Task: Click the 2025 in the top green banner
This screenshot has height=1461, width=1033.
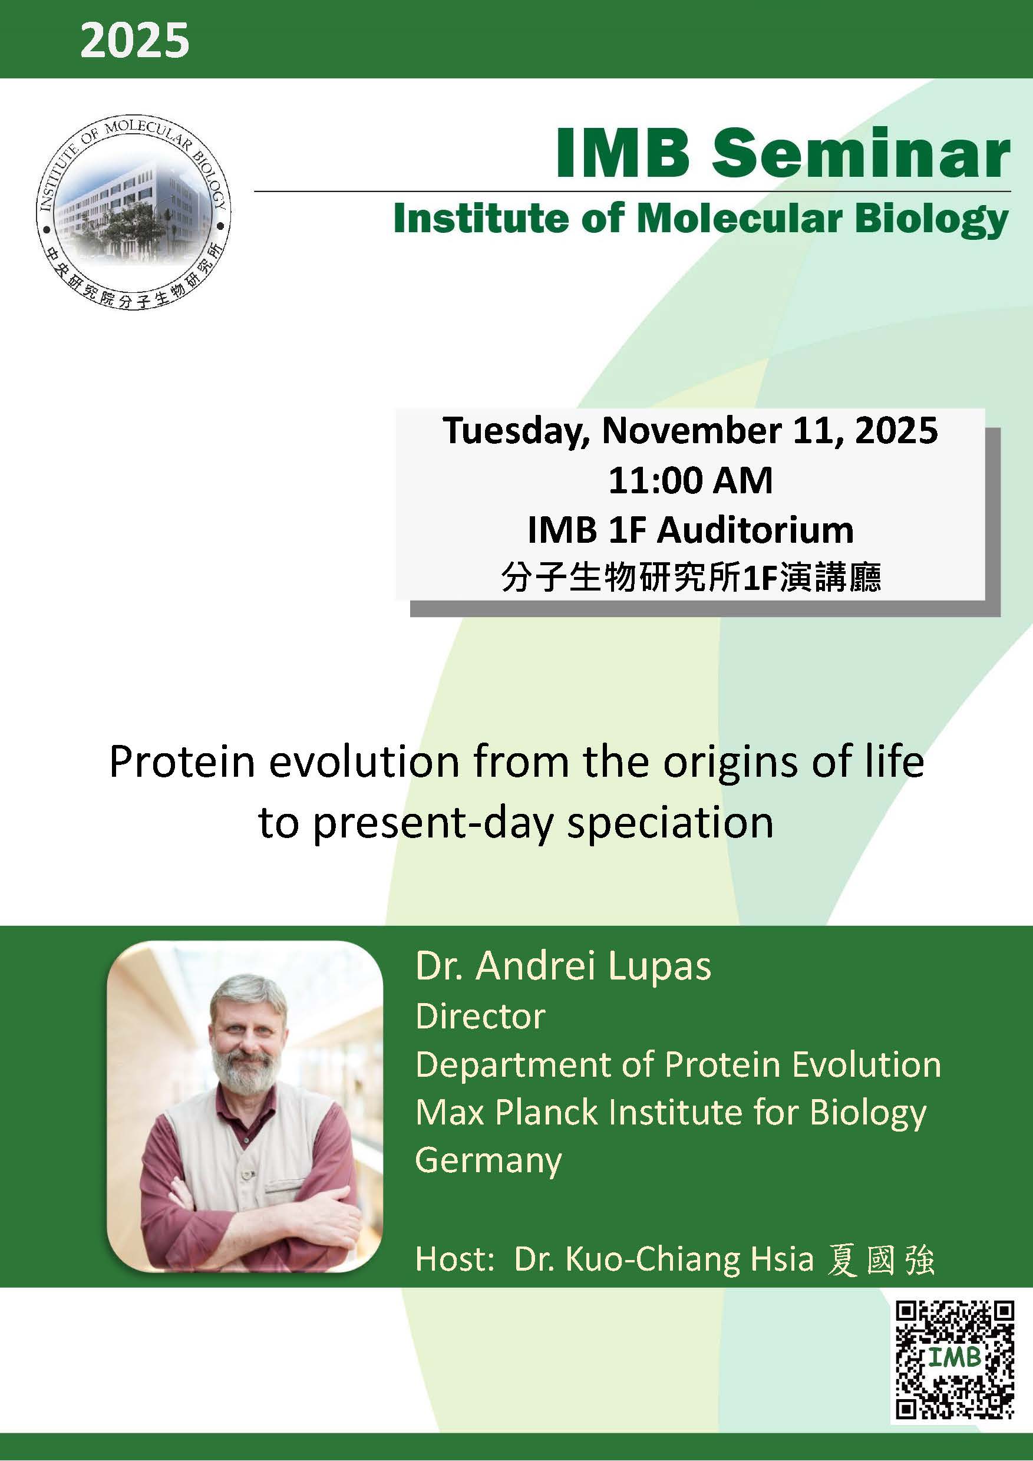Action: point(134,41)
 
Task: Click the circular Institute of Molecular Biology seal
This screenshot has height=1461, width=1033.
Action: point(133,214)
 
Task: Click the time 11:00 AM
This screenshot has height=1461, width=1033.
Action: point(690,480)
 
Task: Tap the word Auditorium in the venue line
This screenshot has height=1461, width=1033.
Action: point(755,530)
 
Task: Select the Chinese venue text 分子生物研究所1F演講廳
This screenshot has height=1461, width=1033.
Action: point(690,578)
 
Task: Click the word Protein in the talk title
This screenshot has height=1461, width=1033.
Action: point(182,761)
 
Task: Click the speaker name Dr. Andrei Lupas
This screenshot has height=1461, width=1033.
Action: point(563,967)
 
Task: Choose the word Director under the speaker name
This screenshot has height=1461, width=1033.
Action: point(480,1016)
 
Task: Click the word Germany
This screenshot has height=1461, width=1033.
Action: point(488,1160)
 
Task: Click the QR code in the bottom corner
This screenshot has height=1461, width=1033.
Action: point(953,1359)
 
